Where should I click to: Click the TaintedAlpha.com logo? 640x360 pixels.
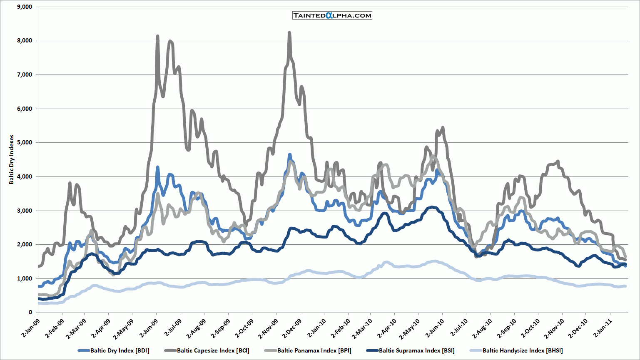click(332, 15)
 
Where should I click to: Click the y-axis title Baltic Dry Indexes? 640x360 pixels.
click(12, 159)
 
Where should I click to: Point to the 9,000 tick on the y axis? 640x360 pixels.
click(24, 7)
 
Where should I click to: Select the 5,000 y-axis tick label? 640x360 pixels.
click(24, 142)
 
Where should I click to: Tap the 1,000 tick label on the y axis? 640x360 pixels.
click(24, 278)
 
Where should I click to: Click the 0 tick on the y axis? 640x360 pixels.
click(30, 312)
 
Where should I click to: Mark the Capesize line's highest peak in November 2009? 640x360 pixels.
click(289, 32)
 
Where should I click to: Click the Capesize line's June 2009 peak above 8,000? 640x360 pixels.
click(157, 36)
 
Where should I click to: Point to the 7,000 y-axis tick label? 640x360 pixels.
click(24, 74)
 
